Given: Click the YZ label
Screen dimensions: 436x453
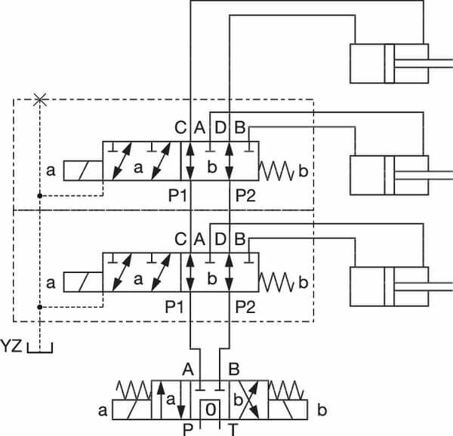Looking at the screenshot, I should (12, 347).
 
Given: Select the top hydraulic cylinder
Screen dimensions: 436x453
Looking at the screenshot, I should (389, 63).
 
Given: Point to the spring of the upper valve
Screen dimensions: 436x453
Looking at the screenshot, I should (277, 170).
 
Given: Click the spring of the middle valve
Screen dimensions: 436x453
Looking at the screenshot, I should (277, 283).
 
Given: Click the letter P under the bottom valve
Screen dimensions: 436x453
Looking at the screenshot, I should (188, 429).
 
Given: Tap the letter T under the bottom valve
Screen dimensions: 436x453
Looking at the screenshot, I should (233, 429).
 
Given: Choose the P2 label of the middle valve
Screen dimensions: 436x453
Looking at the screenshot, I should (245, 307).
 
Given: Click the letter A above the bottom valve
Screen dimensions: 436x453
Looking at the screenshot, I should (188, 369).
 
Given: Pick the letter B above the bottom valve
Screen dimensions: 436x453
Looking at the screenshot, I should (234, 369).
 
